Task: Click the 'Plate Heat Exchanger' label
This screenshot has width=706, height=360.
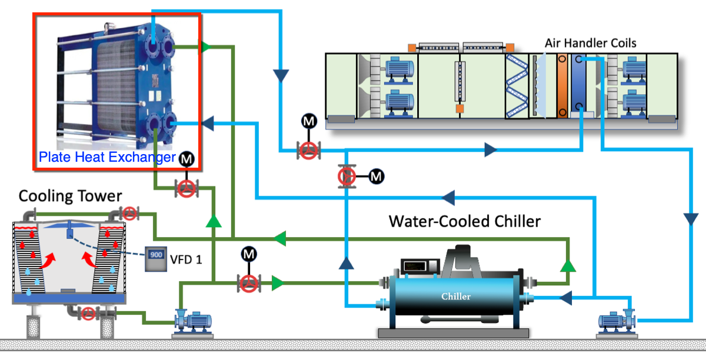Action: pos(107,158)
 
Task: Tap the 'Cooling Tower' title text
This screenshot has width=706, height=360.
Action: pos(70,196)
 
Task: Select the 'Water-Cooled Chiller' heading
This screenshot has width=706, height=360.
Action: pos(464,222)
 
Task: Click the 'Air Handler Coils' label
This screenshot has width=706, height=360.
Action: pos(590,43)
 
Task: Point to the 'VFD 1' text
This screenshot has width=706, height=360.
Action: pos(185,259)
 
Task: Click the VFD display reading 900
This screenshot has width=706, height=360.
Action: pos(156,256)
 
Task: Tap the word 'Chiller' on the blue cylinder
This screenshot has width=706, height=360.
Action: pos(456,296)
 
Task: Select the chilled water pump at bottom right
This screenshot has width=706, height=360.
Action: pos(617,320)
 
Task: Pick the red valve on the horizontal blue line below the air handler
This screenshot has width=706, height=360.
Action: pos(308,151)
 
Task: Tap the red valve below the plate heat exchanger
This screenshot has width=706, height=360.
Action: pos(187,189)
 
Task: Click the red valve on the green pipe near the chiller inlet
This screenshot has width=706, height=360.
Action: pos(249,283)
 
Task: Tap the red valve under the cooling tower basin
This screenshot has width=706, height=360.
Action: pos(89,313)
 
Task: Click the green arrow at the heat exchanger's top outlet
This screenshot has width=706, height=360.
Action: pos(205,46)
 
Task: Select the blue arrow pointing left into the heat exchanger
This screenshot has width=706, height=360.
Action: pos(208,122)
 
